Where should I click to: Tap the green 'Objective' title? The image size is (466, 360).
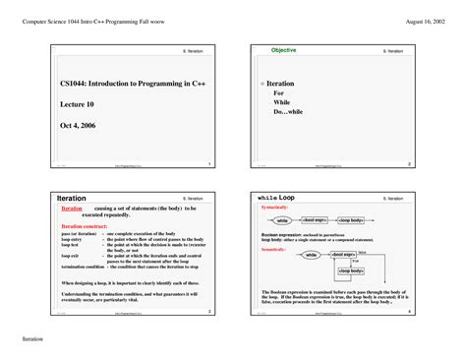click(x=283, y=50)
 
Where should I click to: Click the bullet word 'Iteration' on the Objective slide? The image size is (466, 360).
click(x=281, y=85)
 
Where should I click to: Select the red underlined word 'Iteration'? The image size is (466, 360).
click(x=72, y=210)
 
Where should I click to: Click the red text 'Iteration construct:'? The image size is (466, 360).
click(x=87, y=225)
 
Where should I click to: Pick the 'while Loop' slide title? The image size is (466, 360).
click(x=275, y=198)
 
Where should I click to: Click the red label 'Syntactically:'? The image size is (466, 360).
click(x=275, y=209)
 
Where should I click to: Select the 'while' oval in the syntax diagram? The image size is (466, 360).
click(x=282, y=220)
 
